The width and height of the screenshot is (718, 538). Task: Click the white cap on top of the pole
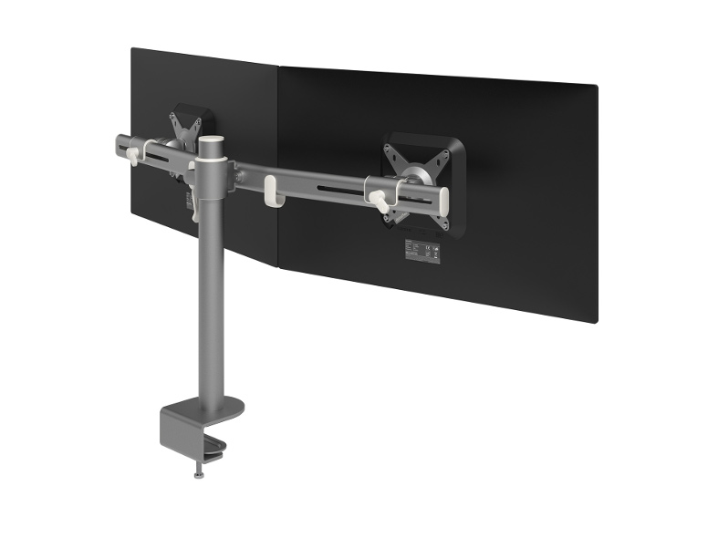210,144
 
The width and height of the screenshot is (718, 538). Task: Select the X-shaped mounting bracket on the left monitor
187,128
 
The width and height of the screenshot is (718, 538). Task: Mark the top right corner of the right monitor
596,88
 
